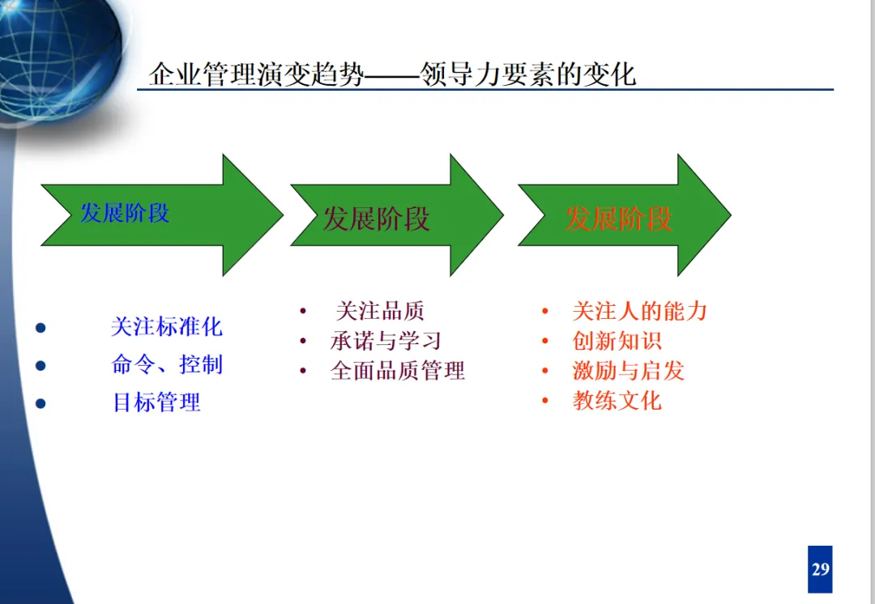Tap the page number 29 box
820,568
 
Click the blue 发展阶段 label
125,213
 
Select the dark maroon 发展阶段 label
376,219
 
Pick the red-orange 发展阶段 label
619,219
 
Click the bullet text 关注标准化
166,327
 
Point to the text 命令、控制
166,364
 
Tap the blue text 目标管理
156,402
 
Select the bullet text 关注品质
379,311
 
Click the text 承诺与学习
386,341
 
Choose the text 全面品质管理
398,371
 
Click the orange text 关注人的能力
640,311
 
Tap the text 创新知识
617,341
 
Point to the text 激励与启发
629,371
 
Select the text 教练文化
617,400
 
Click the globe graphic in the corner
57,57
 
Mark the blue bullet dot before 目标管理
41,403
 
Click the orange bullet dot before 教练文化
545,401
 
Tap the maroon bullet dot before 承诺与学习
303,342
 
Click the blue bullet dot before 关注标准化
41,328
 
